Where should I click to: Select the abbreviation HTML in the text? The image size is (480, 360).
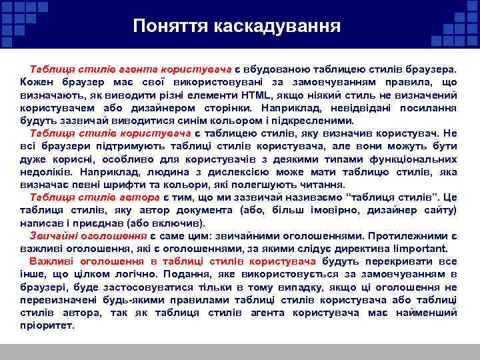pyautogui.click(x=258, y=95)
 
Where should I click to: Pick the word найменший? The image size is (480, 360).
pyautogui.click(x=426, y=313)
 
